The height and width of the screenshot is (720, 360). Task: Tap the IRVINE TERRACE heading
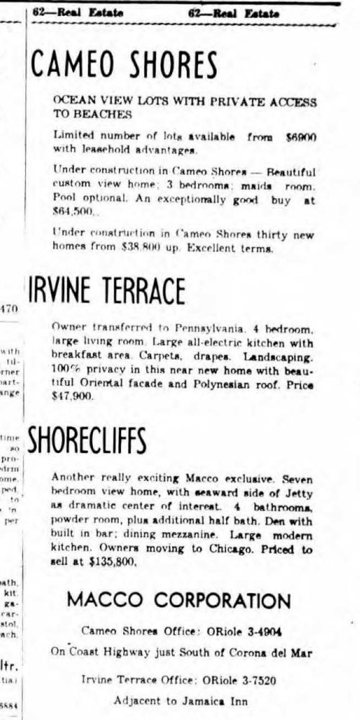click(x=106, y=291)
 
